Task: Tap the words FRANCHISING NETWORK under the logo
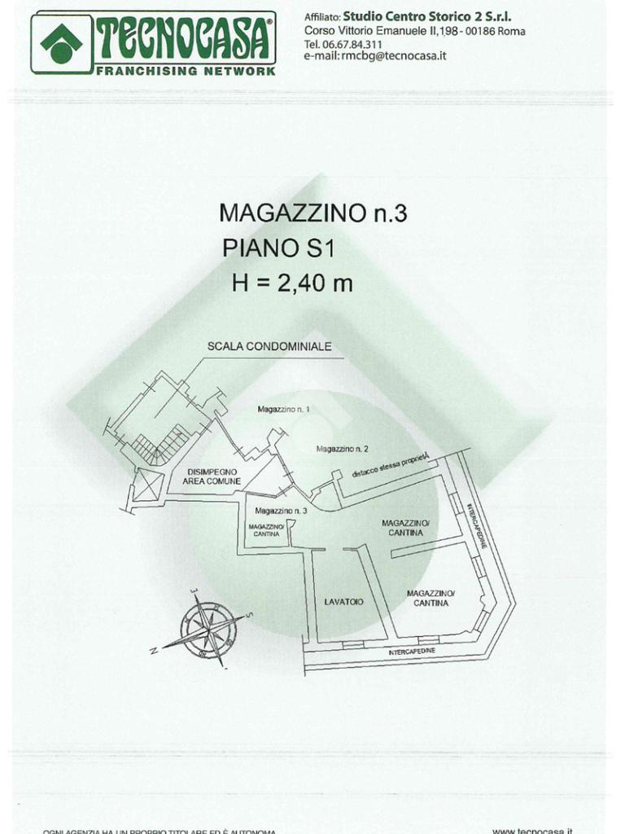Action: click(x=186, y=71)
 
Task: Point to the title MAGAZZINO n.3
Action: click(x=312, y=213)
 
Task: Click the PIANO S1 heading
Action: click(x=278, y=248)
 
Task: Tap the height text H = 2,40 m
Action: click(x=292, y=283)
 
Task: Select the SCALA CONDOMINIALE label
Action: click(x=269, y=346)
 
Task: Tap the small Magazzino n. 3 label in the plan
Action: click(x=280, y=511)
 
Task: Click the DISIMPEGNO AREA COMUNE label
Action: click(x=212, y=476)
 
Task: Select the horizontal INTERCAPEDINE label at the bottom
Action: click(x=412, y=652)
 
